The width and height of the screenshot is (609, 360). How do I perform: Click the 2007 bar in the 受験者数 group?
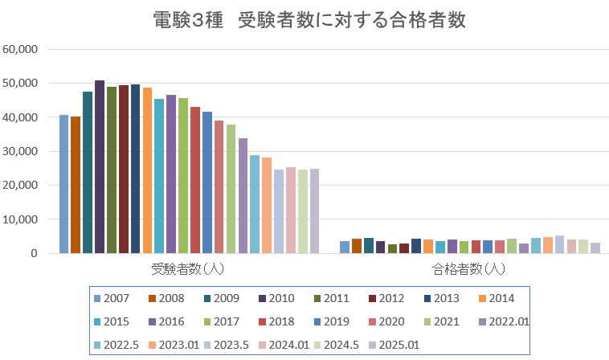point(63,184)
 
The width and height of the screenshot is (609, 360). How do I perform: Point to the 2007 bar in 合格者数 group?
point(345,247)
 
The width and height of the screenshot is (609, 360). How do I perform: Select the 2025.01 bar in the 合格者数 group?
point(595,247)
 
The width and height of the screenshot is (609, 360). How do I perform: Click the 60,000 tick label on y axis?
point(21,49)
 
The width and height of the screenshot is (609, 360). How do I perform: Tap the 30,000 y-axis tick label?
point(21,151)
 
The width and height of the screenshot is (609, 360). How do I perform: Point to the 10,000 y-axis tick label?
point(21,219)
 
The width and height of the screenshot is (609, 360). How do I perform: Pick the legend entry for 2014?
point(494,298)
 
